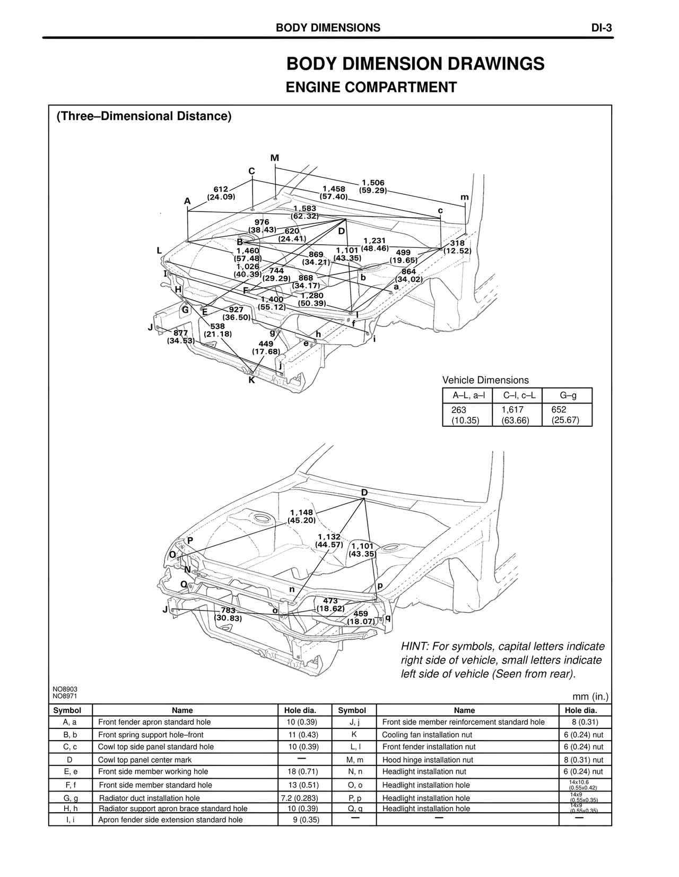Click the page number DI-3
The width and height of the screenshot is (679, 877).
click(x=602, y=28)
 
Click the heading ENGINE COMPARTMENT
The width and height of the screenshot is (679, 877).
click(x=371, y=87)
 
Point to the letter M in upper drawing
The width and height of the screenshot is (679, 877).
click(x=275, y=158)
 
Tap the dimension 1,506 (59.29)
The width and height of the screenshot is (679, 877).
click(x=373, y=186)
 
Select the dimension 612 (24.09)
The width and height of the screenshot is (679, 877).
click(x=221, y=193)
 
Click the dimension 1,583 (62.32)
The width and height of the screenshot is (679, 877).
click(x=305, y=212)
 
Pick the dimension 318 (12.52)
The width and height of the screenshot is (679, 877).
click(x=457, y=247)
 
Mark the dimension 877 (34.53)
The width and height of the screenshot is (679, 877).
click(x=181, y=337)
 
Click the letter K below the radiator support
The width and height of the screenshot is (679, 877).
click(x=251, y=380)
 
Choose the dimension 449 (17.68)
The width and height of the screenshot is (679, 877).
click(x=266, y=348)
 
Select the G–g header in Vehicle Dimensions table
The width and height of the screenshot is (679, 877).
click(x=568, y=395)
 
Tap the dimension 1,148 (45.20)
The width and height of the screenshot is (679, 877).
click(x=302, y=516)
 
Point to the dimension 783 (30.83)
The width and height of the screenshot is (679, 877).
click(x=228, y=614)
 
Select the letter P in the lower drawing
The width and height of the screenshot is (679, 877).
click(x=190, y=540)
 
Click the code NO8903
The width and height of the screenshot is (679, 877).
click(x=65, y=689)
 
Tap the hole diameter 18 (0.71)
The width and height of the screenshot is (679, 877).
click(x=304, y=772)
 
